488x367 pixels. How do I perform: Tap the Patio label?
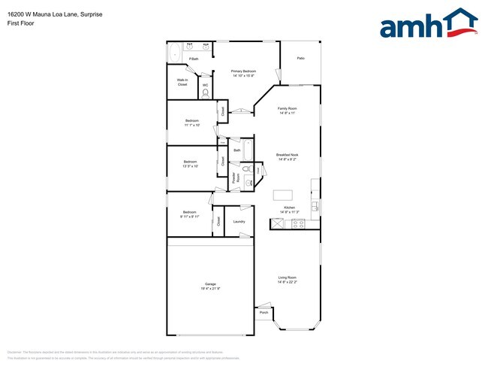(300, 57)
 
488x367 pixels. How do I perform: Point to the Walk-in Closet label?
(182, 82)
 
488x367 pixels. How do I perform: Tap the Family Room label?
(288, 111)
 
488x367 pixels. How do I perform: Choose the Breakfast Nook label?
(288, 156)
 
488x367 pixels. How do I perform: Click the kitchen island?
(283, 195)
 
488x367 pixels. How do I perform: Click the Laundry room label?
(239, 221)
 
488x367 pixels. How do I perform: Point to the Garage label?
(209, 284)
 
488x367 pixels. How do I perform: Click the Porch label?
(264, 313)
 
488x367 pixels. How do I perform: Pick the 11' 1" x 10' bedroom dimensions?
(192, 126)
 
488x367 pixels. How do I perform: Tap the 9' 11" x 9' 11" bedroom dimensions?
(189, 216)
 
